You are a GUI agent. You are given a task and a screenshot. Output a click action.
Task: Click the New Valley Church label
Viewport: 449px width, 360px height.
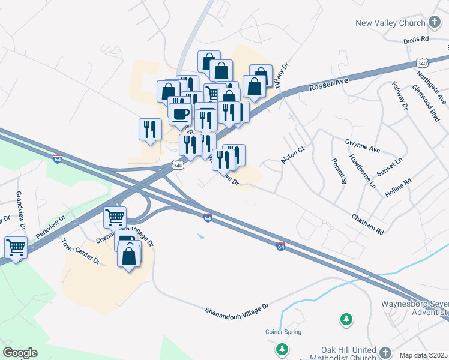pyautogui.click(x=390, y=23)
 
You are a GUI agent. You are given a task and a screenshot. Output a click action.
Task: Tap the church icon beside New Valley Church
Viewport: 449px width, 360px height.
pyautogui.click(x=435, y=23)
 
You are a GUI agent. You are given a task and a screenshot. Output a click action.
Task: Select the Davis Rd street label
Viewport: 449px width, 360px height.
pyautogui.click(x=416, y=40)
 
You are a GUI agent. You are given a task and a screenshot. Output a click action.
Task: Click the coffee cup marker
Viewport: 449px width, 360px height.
pyautogui.click(x=180, y=113)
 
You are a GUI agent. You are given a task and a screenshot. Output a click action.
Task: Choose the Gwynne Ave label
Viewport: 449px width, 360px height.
pyautogui.click(x=363, y=145)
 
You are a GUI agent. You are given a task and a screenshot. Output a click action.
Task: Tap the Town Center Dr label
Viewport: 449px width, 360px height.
pyautogui.click(x=80, y=251)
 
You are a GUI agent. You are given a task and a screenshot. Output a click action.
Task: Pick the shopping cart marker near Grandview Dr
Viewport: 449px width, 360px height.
pyautogui.click(x=16, y=247)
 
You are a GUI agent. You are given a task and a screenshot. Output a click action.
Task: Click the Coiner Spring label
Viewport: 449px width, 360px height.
pyautogui.click(x=283, y=332)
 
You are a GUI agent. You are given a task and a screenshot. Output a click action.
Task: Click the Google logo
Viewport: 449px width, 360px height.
pyautogui.click(x=20, y=353)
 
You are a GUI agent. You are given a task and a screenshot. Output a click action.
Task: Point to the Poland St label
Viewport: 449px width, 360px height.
pyautogui.click(x=339, y=171)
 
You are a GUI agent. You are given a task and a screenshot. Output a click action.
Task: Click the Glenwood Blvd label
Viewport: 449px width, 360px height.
pyautogui.click(x=426, y=103)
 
